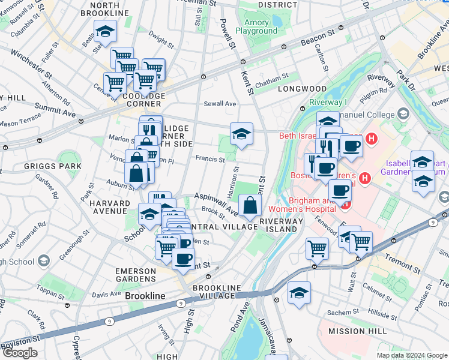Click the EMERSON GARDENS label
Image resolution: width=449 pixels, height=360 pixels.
pyautogui.click(x=136, y=275)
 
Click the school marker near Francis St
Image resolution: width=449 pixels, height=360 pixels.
pyautogui.click(x=241, y=134)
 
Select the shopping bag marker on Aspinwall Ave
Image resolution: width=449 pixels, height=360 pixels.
pyautogui.click(x=249, y=206)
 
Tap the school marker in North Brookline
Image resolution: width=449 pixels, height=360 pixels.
pyautogui.click(x=105, y=32)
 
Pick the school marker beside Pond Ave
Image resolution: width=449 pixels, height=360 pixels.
pyautogui.click(x=299, y=293)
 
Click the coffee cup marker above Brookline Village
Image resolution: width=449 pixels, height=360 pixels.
pyautogui.click(x=183, y=259)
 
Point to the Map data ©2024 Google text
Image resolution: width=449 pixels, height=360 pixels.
pyautogui.click(x=412, y=355)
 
